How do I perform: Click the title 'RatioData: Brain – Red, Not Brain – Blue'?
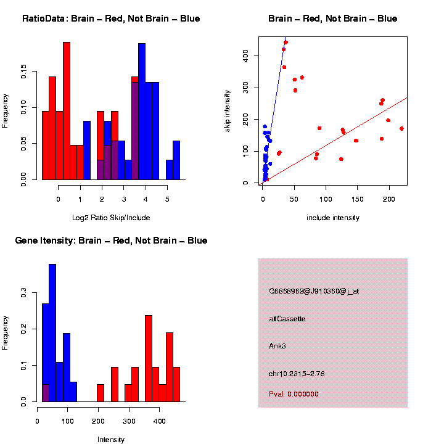(x=111, y=18)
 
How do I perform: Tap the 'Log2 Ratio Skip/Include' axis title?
(x=111, y=218)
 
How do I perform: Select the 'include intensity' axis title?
(x=333, y=218)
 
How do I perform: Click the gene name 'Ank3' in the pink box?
(x=277, y=346)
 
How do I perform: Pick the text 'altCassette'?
(x=287, y=319)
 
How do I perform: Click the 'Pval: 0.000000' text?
(x=294, y=393)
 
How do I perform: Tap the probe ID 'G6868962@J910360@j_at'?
(x=314, y=291)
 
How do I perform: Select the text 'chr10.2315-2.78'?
(x=297, y=373)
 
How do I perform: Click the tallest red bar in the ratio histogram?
(x=67, y=111)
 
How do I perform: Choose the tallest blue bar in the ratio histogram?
(x=142, y=111)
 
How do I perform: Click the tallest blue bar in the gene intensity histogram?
(x=52, y=333)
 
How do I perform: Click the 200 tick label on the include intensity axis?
(x=389, y=200)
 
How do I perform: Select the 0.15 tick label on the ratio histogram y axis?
(x=23, y=73)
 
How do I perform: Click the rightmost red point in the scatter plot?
(x=401, y=128)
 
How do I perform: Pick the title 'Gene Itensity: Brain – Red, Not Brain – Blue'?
(x=111, y=240)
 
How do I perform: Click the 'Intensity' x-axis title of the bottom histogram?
(x=111, y=440)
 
